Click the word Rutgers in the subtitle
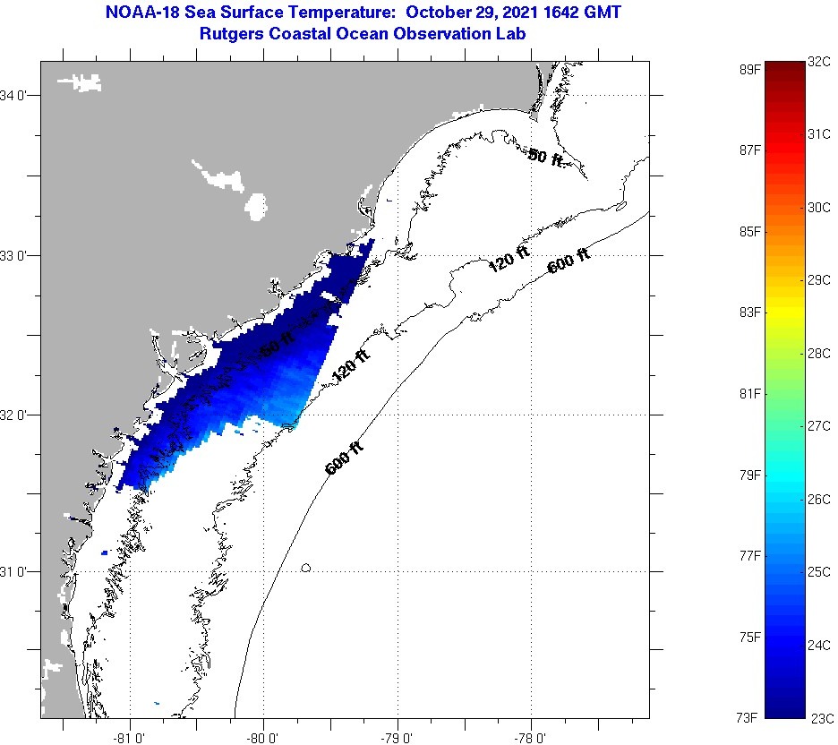233,33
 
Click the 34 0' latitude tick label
17,95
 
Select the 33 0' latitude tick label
17,255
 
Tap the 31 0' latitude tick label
17,571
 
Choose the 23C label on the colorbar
821,717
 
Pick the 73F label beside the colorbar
748,717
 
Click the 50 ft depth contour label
545,158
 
